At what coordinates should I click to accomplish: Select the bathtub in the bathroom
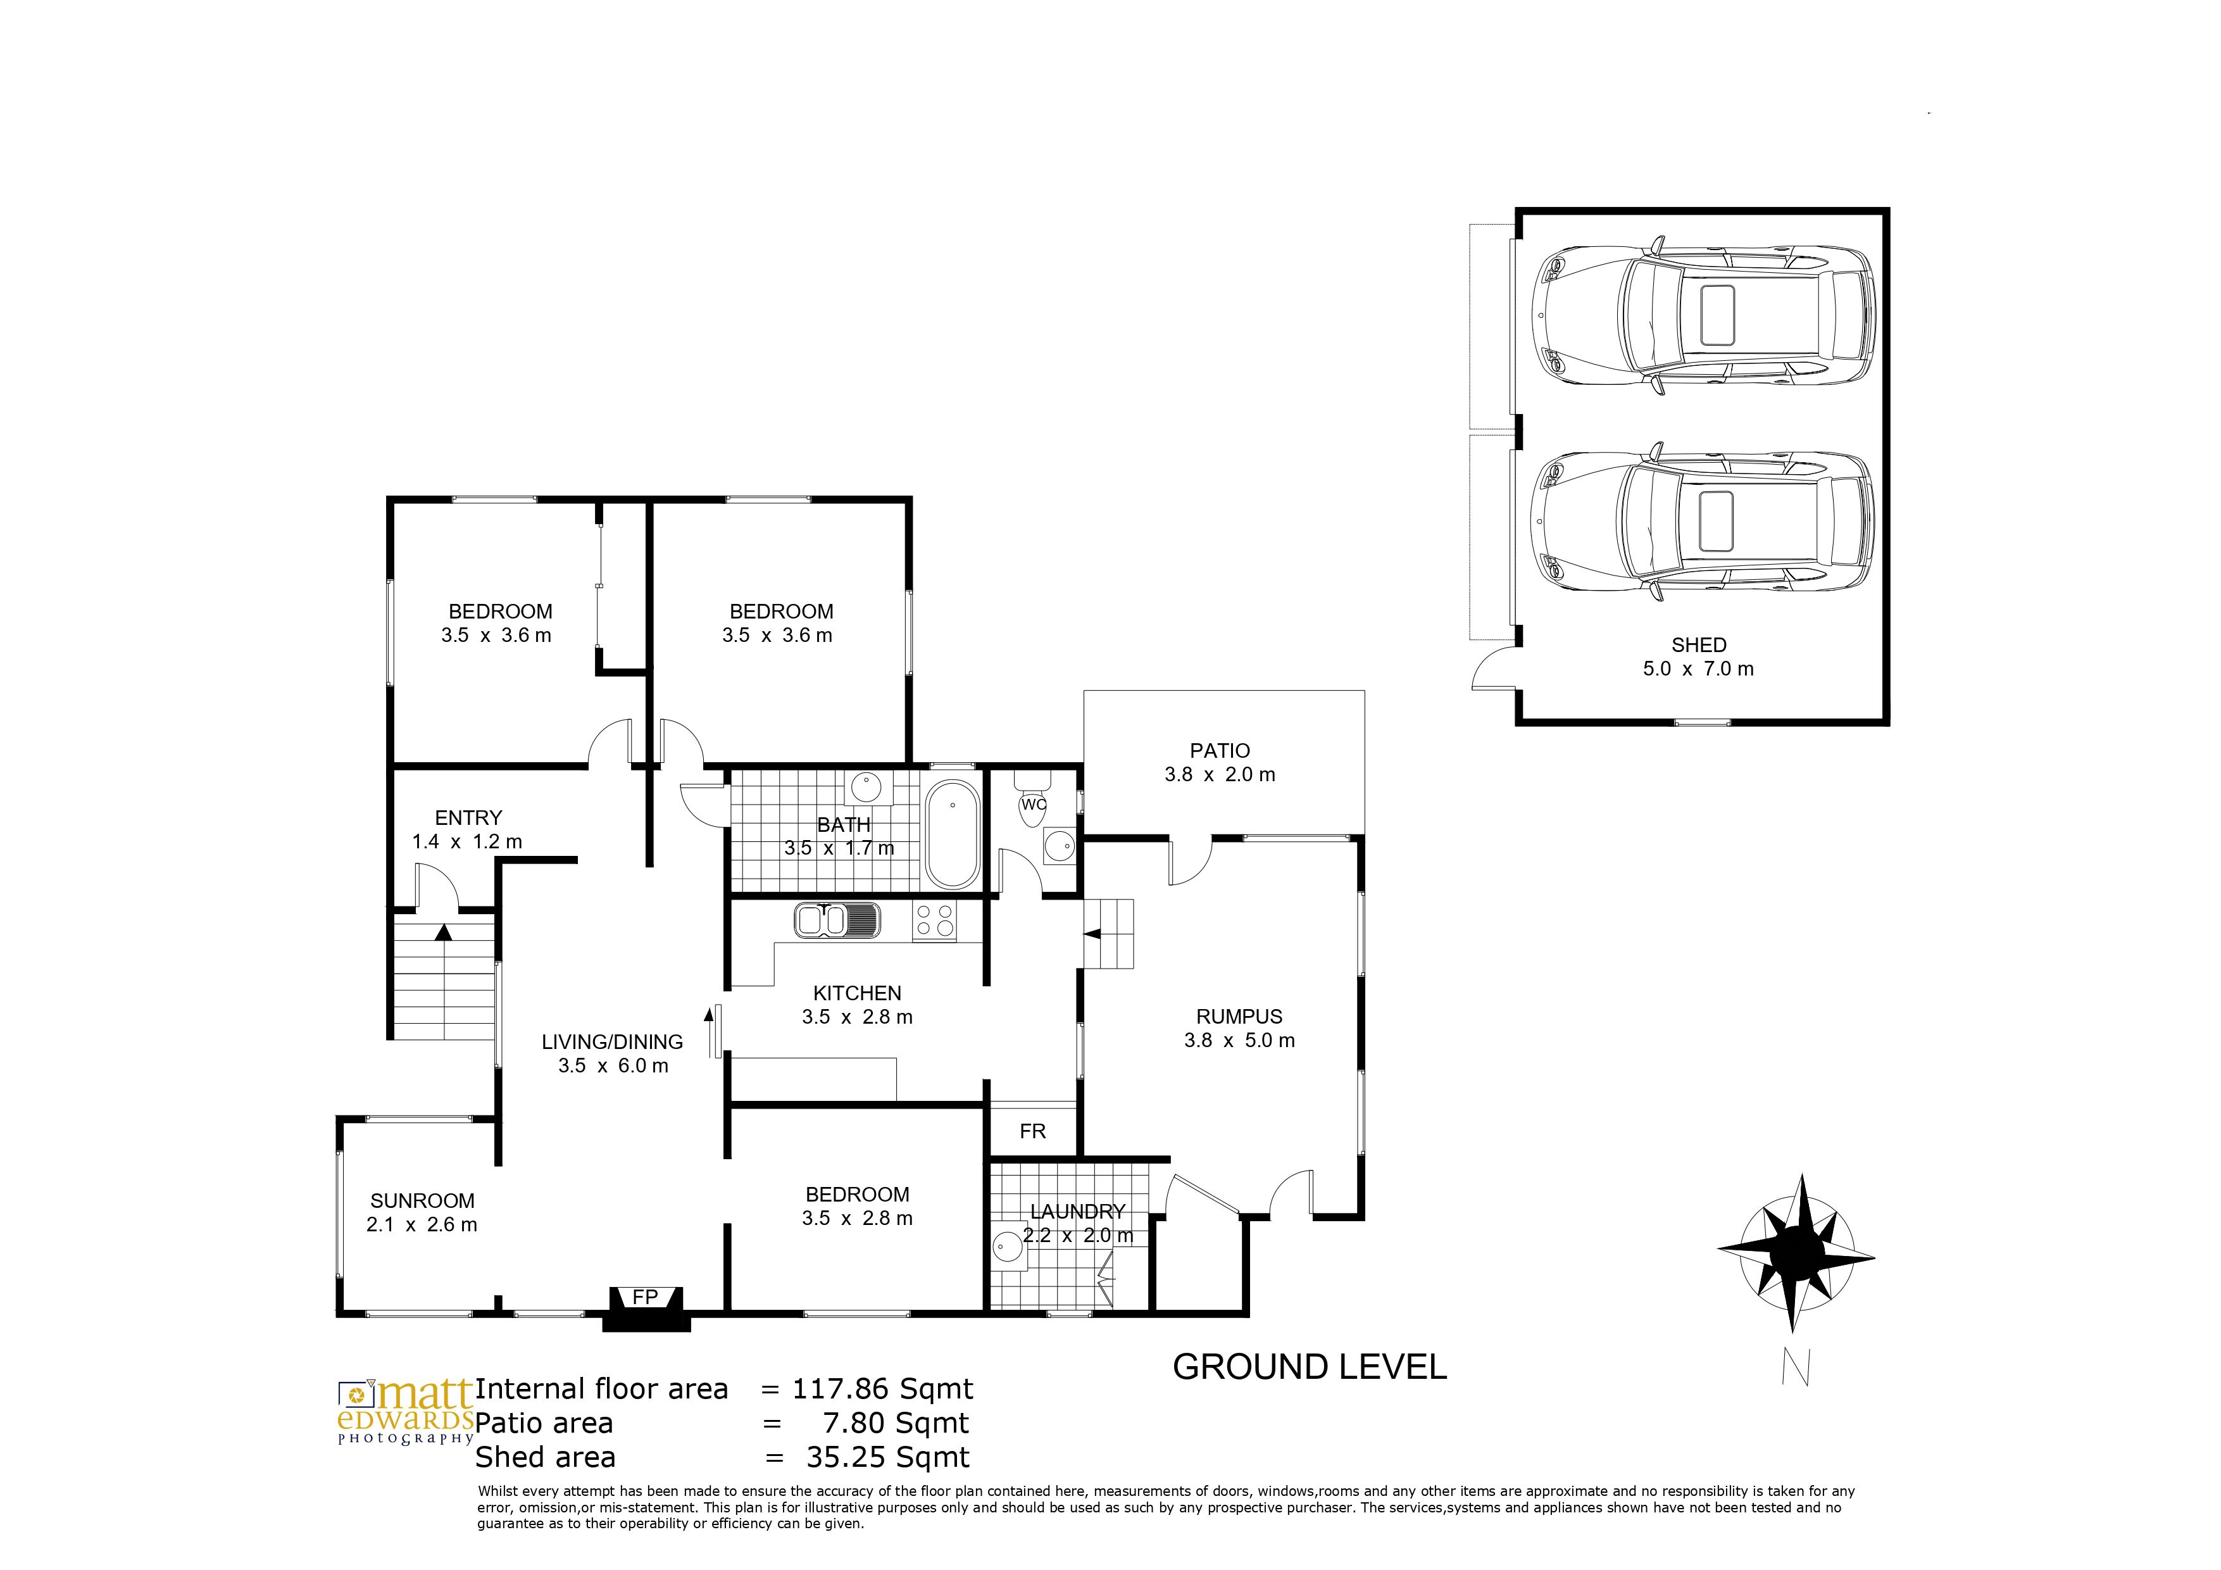coord(952,834)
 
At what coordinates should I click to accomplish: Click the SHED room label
coord(1699,644)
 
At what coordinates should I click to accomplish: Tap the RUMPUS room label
coord(1239,1017)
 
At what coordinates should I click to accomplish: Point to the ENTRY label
coord(468,817)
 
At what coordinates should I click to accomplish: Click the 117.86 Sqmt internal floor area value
coord(883,1389)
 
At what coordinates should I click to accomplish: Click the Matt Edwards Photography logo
coord(405,1411)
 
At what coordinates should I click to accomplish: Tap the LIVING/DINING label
coord(612,1042)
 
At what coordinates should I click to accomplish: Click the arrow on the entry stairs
coord(443,933)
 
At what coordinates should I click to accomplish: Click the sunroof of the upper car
coord(1717,315)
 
